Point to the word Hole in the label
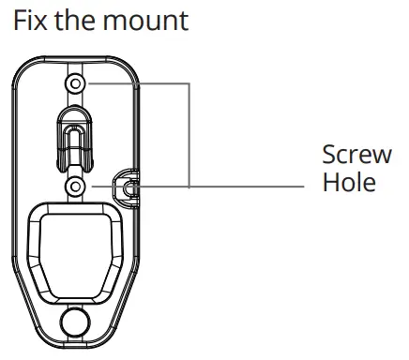[x=348, y=181]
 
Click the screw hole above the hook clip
[x=76, y=85]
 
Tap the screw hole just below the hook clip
[x=76, y=187]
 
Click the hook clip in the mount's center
[x=76, y=137]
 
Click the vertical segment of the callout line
[x=189, y=136]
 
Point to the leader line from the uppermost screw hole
[x=136, y=84]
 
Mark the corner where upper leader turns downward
[x=189, y=84]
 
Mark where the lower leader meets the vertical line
[x=189, y=187]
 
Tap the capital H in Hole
[x=330, y=181]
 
